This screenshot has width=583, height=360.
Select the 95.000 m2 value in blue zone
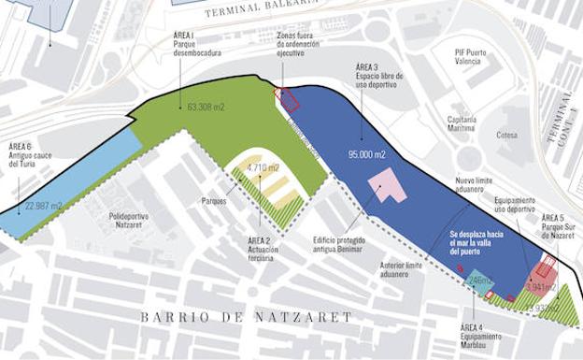369,154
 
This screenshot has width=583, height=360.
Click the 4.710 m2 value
263,168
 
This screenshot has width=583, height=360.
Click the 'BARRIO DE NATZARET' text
247,318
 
